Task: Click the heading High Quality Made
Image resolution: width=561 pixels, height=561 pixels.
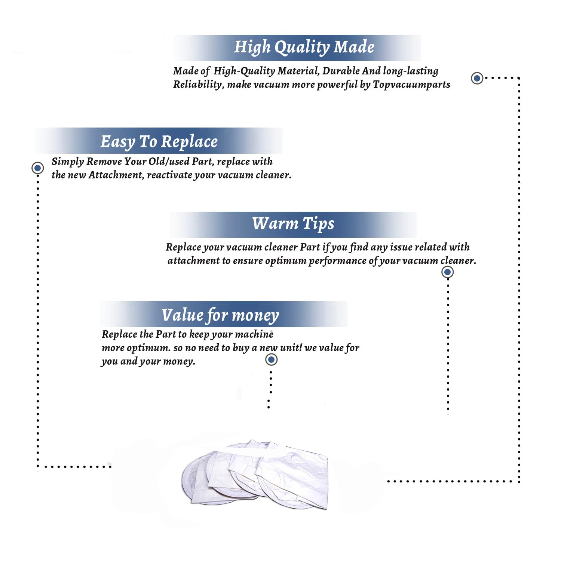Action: (x=304, y=47)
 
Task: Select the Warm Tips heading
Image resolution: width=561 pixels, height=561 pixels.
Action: (x=293, y=224)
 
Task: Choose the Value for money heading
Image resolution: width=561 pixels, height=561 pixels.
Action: (x=220, y=315)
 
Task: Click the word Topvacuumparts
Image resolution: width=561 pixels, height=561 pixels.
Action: (x=411, y=85)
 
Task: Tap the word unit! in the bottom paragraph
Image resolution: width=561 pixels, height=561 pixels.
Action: (x=291, y=347)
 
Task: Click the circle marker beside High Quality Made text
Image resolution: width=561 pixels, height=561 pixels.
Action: (x=477, y=78)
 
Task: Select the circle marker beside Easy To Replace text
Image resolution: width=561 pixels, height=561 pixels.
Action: (x=37, y=168)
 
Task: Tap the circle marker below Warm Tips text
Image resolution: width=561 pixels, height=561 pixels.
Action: (x=448, y=272)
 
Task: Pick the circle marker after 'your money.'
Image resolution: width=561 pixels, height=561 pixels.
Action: (x=271, y=360)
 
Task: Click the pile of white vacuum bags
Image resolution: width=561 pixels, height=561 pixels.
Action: (x=255, y=474)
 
